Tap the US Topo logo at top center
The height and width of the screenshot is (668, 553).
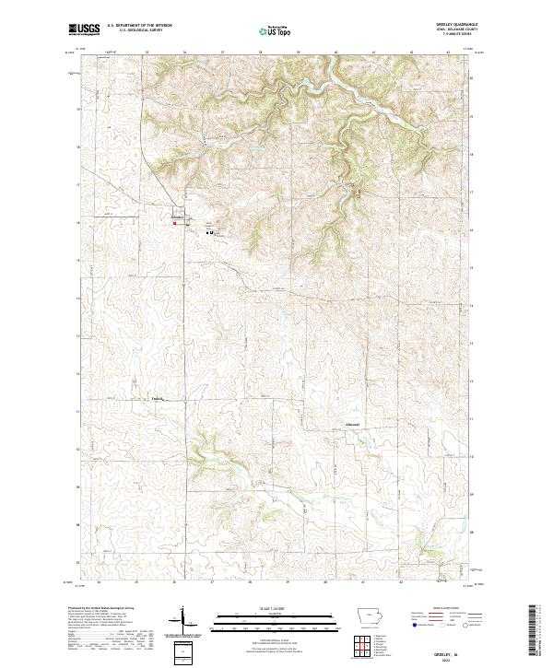coord(276,30)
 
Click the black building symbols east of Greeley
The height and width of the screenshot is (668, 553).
coord(210,232)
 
